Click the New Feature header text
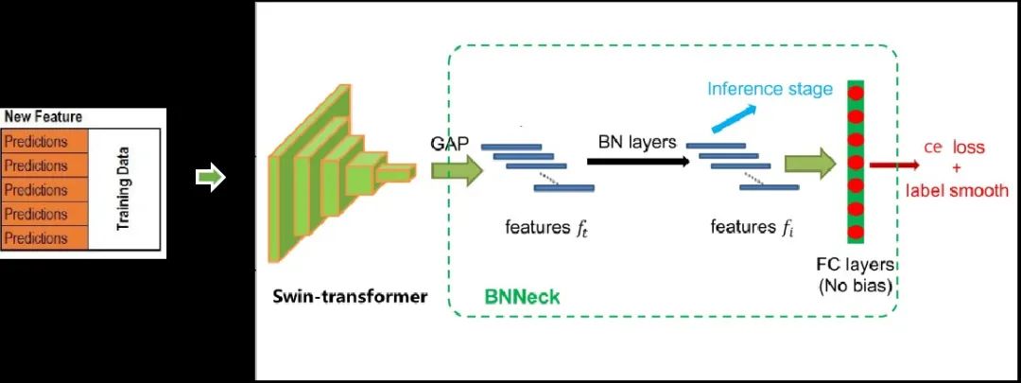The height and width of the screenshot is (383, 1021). (43, 117)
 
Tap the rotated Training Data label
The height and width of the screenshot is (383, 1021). (123, 188)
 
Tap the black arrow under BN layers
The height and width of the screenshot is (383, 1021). (638, 162)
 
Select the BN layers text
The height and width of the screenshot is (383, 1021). (637, 142)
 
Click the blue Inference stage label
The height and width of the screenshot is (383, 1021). (770, 89)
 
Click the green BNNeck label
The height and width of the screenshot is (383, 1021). (522, 297)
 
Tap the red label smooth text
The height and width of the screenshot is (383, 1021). (957, 190)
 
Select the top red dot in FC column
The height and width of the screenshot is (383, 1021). (857, 94)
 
